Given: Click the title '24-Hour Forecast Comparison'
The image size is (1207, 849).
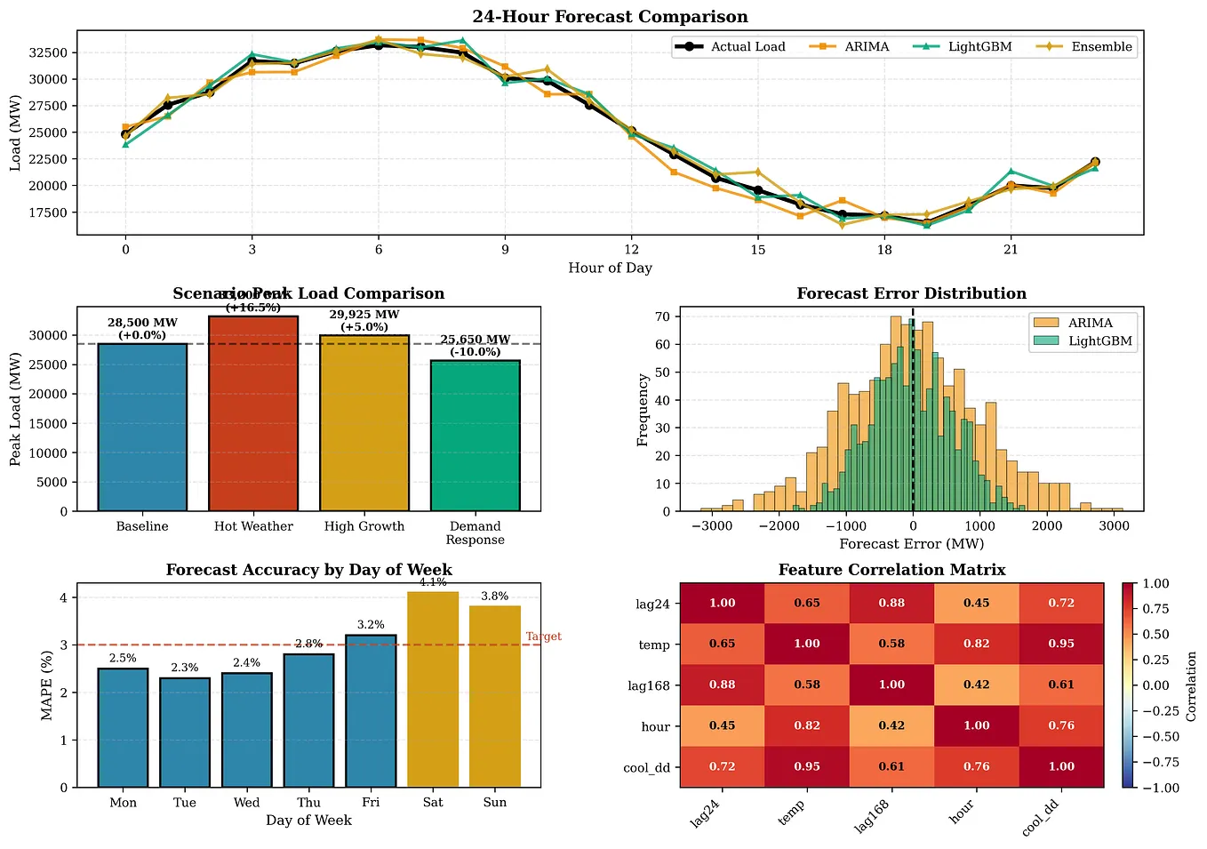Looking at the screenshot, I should (x=610, y=17).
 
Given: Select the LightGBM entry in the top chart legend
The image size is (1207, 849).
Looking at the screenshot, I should (x=979, y=47).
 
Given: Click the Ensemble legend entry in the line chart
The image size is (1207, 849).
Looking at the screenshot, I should (x=1101, y=47).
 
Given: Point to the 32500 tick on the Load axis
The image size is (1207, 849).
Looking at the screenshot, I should (x=48, y=52).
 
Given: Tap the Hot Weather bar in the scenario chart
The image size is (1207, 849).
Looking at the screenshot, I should (x=253, y=413).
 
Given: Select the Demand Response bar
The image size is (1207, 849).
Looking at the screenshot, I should (x=475, y=436).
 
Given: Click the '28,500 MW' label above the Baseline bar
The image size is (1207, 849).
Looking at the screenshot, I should (x=142, y=323).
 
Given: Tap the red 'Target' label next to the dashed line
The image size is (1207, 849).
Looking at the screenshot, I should (x=543, y=637).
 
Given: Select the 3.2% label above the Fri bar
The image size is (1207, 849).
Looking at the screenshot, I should (x=371, y=625).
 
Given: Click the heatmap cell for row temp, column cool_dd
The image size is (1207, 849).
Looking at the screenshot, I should (x=1061, y=644).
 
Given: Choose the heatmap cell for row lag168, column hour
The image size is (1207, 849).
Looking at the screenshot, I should (x=976, y=685).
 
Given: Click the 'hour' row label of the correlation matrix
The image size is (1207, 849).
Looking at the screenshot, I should (x=655, y=726).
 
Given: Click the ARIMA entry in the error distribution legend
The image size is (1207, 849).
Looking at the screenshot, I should (x=1090, y=323).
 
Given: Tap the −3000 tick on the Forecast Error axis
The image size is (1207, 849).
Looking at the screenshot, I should (x=711, y=526).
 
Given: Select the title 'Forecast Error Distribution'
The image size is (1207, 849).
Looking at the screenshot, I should (x=911, y=293).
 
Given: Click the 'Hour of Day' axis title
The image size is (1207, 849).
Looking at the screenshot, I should (x=610, y=268).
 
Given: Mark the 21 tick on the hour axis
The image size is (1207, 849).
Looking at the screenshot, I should (x=1011, y=250).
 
